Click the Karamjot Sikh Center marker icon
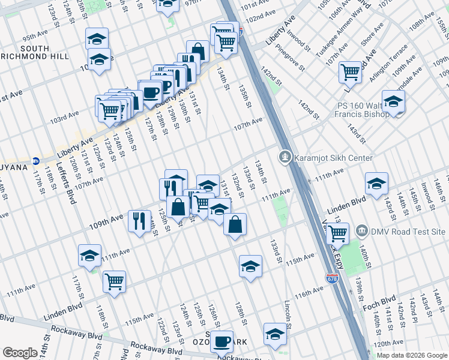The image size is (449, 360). coord(285,158)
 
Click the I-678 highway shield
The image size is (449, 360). coord(332,278)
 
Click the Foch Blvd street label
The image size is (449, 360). coord(379,303)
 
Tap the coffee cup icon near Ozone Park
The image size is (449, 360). coord(221,341)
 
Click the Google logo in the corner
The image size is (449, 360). coord(20,353)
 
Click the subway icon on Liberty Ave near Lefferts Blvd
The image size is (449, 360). coord(35,161)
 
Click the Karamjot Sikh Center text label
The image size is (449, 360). coord(334,158)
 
